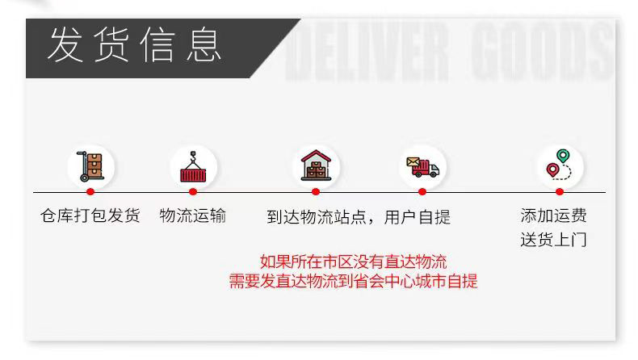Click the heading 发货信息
coord(134,44)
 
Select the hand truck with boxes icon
coord(90,166)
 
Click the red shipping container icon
coord(193,166)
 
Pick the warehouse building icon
coord(316,165)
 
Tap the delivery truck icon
coord(422,166)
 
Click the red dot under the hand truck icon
coord(90,192)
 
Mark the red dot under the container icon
coord(193,192)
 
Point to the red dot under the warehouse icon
coord(316,192)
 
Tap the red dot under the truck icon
coord(422,192)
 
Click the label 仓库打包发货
coord(90,216)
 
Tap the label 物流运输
coord(193,216)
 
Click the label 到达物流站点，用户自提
coord(359,217)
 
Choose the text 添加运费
coord(553,216)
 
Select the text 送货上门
coord(553,240)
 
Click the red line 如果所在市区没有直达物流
coord(353,262)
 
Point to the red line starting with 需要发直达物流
coord(353,282)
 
